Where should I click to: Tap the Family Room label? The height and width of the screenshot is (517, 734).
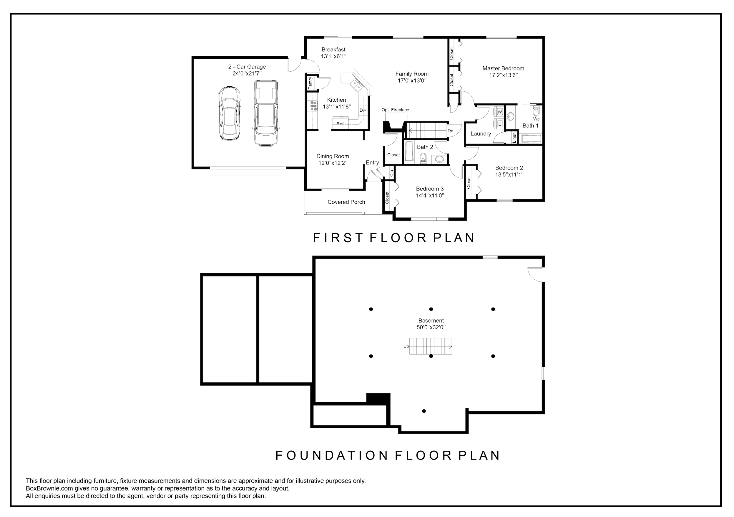point(412,74)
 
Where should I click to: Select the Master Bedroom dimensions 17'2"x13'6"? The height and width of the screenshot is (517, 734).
point(504,75)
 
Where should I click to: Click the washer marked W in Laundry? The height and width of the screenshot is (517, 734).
point(500,111)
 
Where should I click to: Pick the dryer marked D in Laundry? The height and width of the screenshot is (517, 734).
point(500,124)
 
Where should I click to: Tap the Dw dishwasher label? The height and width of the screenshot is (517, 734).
point(363,111)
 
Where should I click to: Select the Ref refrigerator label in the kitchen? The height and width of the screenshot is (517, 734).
point(340,124)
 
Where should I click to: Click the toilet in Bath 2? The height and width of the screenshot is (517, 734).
point(423,158)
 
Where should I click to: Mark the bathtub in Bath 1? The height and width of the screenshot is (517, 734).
point(531,139)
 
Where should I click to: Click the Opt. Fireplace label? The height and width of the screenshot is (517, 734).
point(395,110)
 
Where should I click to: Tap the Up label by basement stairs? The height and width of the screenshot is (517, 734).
point(406,346)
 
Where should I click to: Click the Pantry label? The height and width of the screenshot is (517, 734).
point(310,83)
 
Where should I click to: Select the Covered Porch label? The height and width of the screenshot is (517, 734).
point(346,202)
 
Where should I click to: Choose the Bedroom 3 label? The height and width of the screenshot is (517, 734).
point(430,189)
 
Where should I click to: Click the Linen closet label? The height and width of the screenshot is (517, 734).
point(514,137)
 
